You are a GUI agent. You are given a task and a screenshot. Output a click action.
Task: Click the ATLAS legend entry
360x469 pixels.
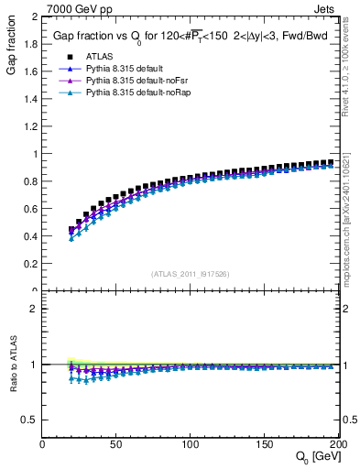tap(98, 56)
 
